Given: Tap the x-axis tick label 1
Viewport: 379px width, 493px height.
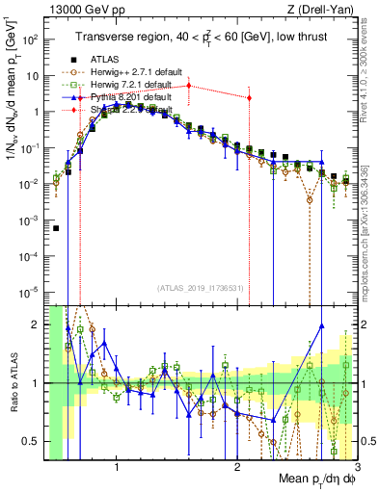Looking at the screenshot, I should click(117, 472).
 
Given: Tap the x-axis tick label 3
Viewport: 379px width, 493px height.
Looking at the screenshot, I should click(356, 472).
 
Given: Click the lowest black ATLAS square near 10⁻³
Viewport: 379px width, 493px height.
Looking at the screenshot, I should click(56, 228).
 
